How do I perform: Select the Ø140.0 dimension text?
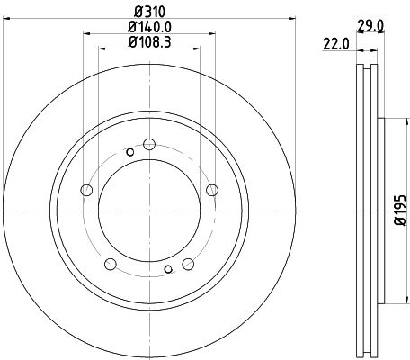[148, 26]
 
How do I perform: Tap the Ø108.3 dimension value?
[148, 41]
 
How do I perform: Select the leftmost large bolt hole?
[87, 190]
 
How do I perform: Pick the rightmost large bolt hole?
[212, 190]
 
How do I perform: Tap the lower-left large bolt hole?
[111, 263]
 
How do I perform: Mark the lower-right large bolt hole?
[189, 263]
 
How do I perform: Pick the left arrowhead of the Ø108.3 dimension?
[99, 50]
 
